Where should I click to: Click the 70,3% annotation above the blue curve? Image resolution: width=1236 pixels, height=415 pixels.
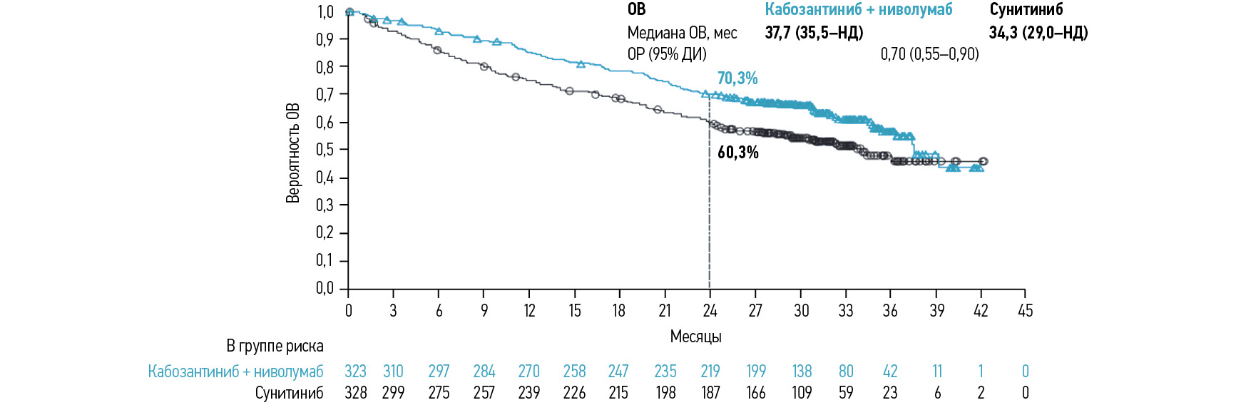pyautogui.click(x=737, y=78)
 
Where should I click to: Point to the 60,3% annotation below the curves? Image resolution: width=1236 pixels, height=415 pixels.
pyautogui.click(x=738, y=153)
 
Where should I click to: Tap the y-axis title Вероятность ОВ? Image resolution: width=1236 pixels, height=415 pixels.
pyautogui.click(x=293, y=153)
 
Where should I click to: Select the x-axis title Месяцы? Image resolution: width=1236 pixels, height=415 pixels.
pyautogui.click(x=695, y=337)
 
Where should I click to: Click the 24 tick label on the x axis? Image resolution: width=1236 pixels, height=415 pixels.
pyautogui.click(x=710, y=311)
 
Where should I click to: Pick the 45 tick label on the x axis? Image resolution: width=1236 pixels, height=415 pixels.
pyautogui.click(x=1025, y=311)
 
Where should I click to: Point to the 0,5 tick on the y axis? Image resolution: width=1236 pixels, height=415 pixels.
pyautogui.click(x=325, y=150)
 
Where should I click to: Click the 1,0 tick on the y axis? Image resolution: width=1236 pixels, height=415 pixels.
pyautogui.click(x=325, y=12)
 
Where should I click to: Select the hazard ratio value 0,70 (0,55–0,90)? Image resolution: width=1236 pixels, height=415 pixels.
pyautogui.click(x=929, y=54)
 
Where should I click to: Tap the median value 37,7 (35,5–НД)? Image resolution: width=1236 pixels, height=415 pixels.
pyautogui.click(x=814, y=33)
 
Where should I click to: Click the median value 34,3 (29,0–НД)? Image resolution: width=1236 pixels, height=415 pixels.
pyautogui.click(x=1038, y=33)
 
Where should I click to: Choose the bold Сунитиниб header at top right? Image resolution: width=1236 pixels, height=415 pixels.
pyautogui.click(x=1026, y=10)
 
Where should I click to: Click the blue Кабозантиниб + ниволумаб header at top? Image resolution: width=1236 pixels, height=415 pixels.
pyautogui.click(x=858, y=10)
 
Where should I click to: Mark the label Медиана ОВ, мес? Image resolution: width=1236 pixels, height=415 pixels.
pyautogui.click(x=682, y=33)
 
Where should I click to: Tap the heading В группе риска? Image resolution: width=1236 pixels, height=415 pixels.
pyautogui.click(x=275, y=347)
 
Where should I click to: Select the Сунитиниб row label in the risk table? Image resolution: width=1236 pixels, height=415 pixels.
pyautogui.click(x=289, y=393)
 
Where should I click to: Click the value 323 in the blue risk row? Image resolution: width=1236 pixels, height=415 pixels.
pyautogui.click(x=355, y=372)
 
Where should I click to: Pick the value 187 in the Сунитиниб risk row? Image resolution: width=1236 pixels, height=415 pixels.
pyautogui.click(x=710, y=393)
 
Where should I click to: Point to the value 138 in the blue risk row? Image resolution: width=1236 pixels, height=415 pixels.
pyautogui.click(x=802, y=372)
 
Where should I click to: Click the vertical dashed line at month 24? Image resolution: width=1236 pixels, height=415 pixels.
pyautogui.click(x=709, y=214)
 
